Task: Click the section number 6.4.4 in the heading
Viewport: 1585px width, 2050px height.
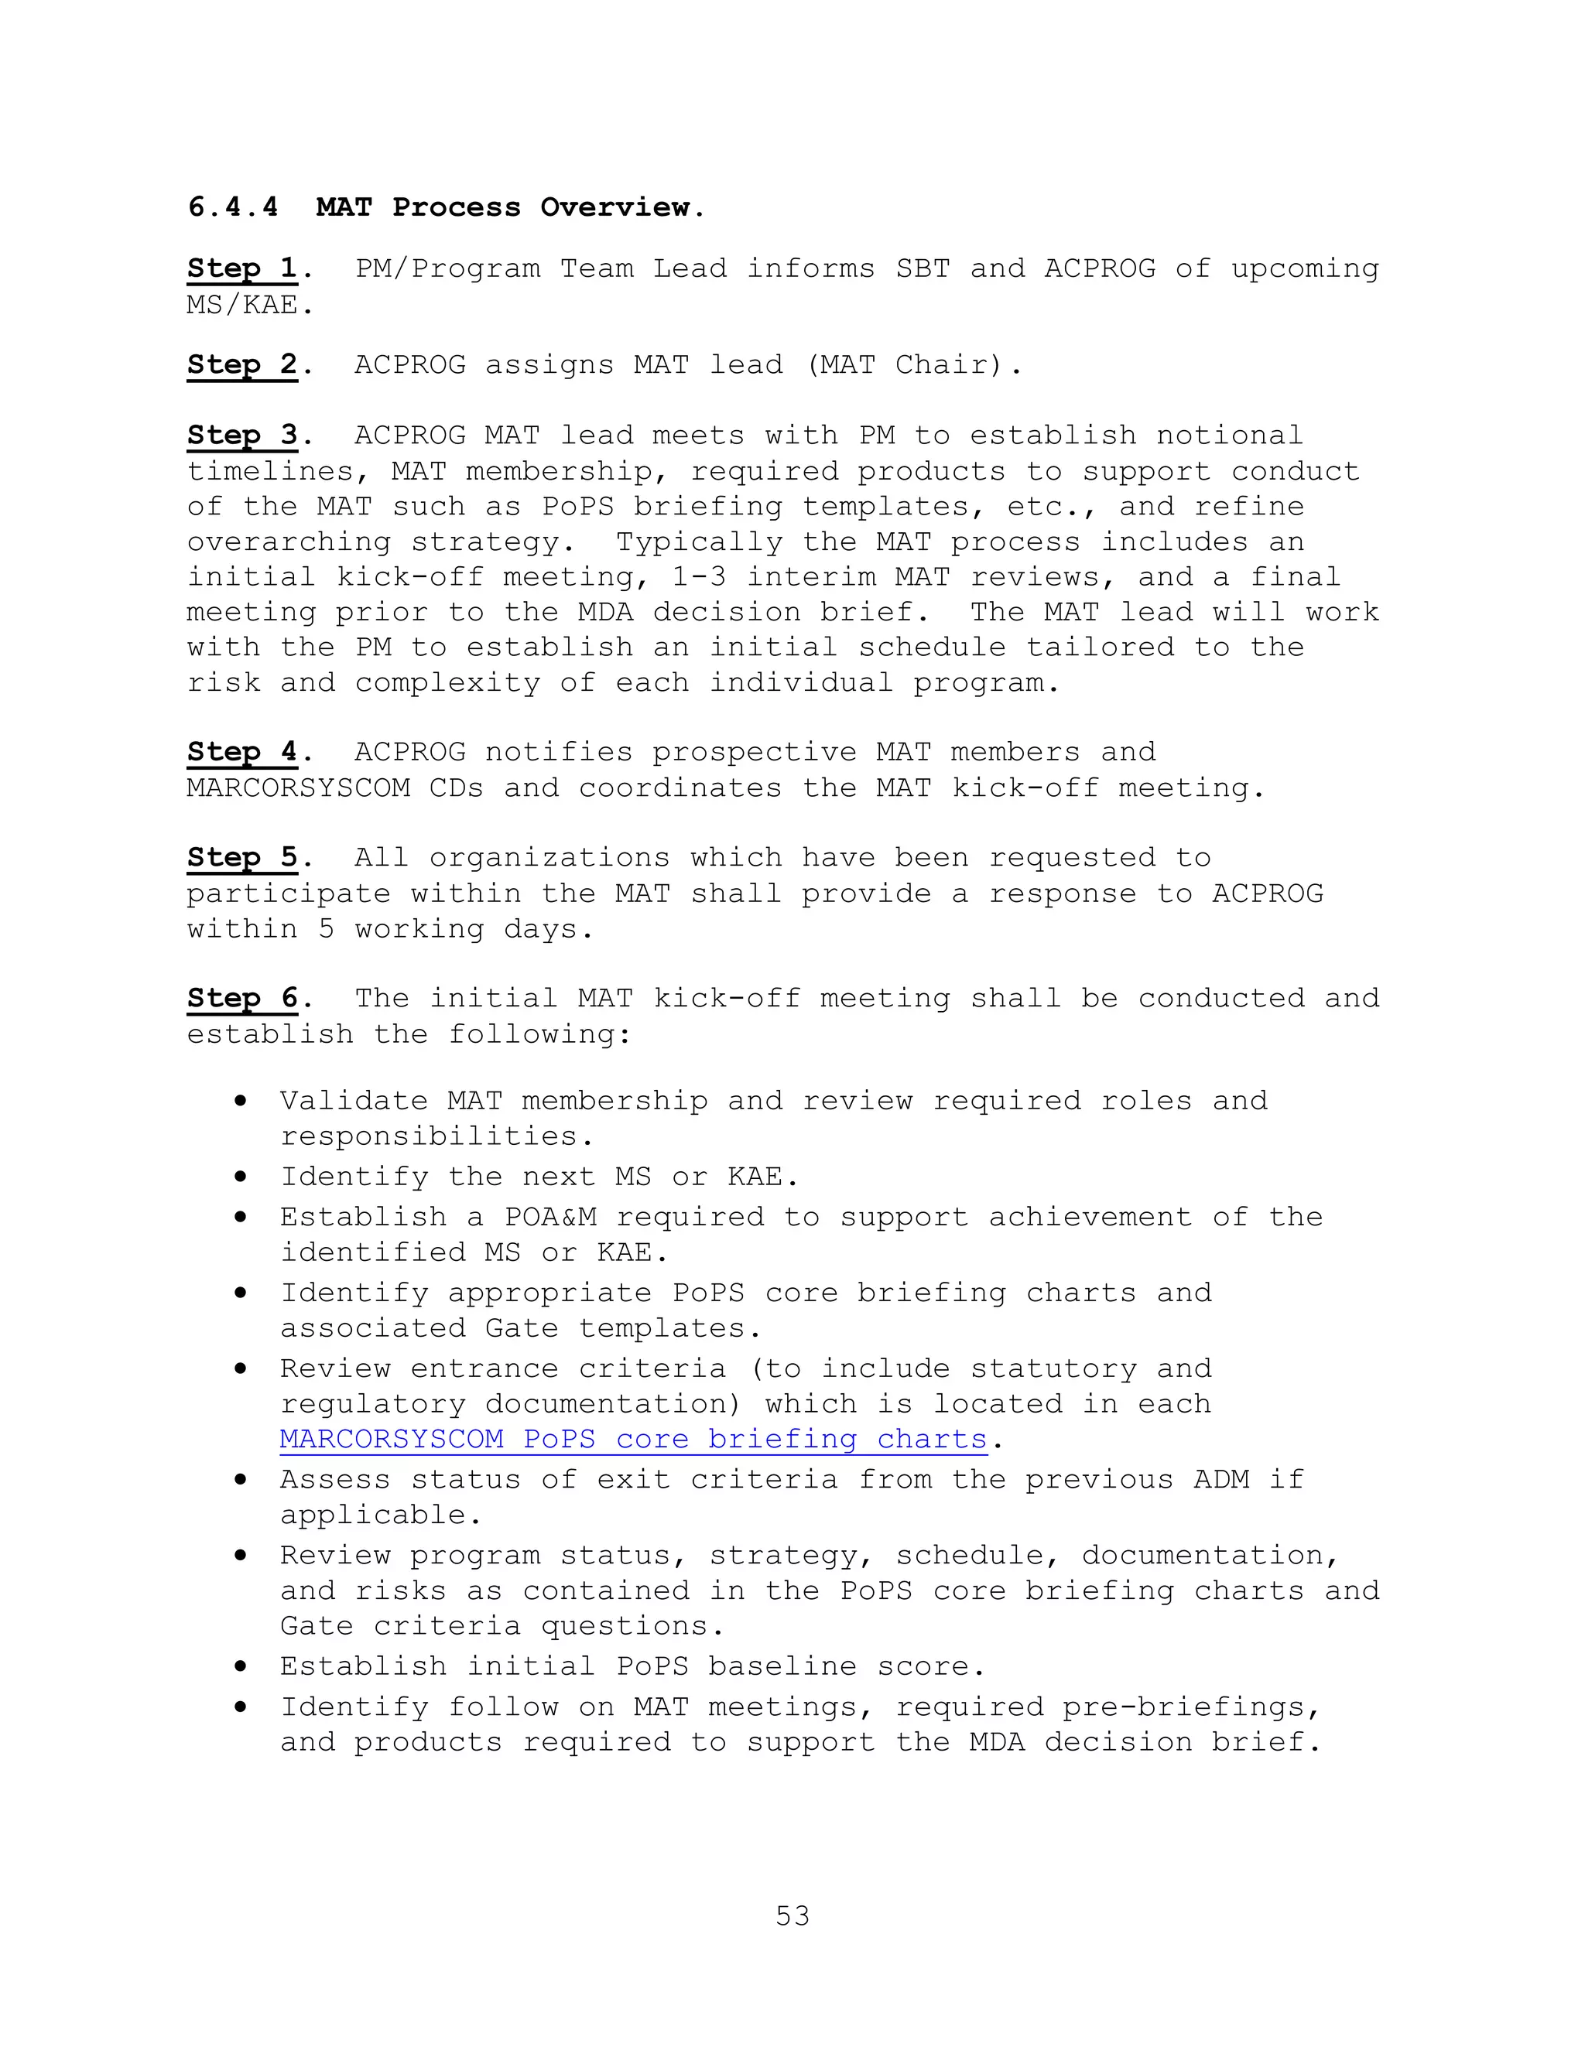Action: pyautogui.click(x=233, y=207)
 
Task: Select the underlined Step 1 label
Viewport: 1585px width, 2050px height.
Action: pyautogui.click(x=242, y=268)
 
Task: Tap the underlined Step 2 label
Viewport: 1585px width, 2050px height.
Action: pyautogui.click(x=242, y=364)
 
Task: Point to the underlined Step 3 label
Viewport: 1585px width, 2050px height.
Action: pyautogui.click(x=242, y=436)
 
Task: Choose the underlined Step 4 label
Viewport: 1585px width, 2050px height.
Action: pyautogui.click(x=242, y=752)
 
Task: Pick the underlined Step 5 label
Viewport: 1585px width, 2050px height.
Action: pyautogui.click(x=242, y=857)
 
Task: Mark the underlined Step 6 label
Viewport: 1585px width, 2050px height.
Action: pyautogui.click(x=242, y=998)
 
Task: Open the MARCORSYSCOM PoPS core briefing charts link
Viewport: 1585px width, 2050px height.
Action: pyautogui.click(x=633, y=1439)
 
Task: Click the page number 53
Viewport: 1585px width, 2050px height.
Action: pyautogui.click(x=792, y=1915)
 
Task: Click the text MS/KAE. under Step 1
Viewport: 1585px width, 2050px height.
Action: pyautogui.click(x=250, y=305)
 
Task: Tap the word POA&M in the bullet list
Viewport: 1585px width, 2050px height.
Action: pyautogui.click(x=550, y=1217)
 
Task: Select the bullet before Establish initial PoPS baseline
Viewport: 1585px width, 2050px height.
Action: pyautogui.click(x=241, y=1666)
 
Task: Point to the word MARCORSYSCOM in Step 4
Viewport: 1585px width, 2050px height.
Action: pyautogui.click(x=299, y=788)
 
